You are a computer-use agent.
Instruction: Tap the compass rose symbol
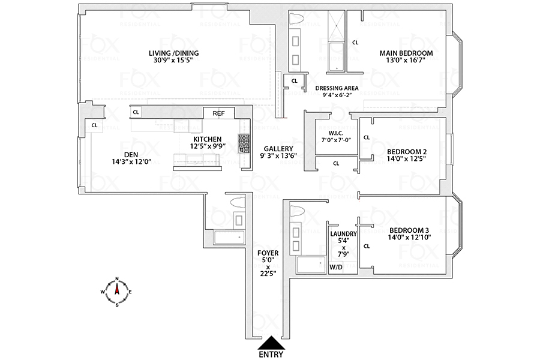118,292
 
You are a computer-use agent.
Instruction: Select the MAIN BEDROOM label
406,53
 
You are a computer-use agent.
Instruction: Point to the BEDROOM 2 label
407,151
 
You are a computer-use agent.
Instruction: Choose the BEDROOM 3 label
409,230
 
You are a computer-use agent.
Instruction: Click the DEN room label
128,154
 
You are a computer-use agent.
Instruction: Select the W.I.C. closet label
335,133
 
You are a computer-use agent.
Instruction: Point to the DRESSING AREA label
336,88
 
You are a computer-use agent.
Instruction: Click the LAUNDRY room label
344,234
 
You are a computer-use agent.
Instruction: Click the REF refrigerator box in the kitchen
218,113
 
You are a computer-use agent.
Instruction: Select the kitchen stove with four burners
244,144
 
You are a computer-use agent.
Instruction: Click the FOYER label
265,253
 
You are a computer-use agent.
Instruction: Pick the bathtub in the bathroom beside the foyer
230,237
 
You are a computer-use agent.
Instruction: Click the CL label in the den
94,125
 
